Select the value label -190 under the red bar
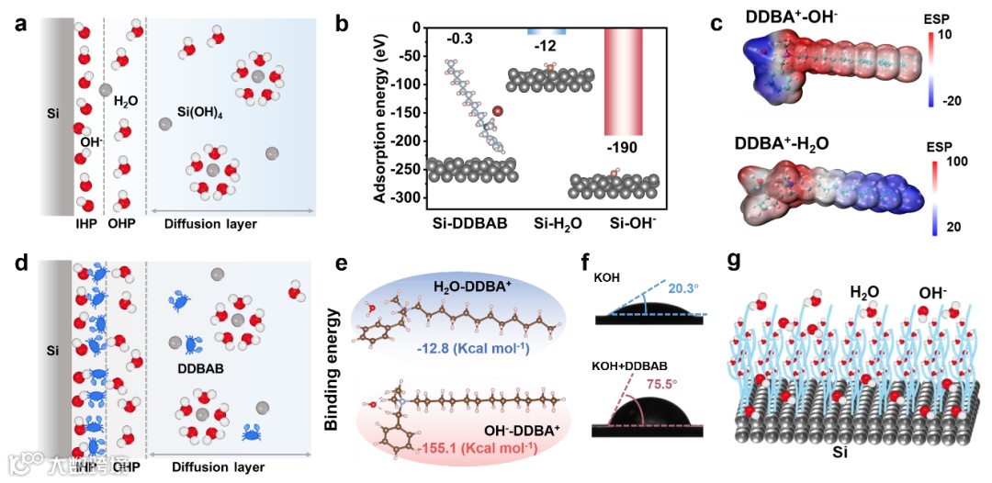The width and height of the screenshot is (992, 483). pyautogui.click(x=621, y=148)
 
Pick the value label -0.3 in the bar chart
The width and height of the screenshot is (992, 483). pyautogui.click(x=460, y=39)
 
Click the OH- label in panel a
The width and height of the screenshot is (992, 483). pyautogui.click(x=92, y=141)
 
